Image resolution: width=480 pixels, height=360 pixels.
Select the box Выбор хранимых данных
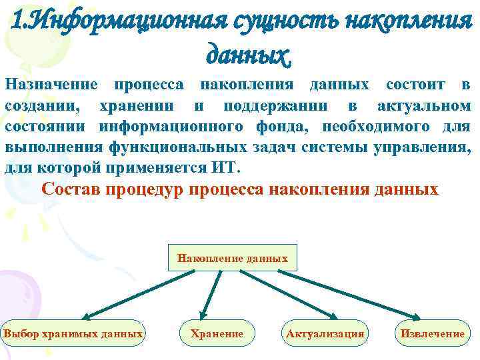(x=73, y=333)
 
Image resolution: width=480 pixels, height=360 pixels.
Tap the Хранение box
(x=217, y=333)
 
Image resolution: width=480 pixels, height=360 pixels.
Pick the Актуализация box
(x=325, y=333)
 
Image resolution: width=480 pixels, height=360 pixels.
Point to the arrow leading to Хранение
(x=213, y=294)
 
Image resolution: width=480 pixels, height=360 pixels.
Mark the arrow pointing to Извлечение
(x=353, y=294)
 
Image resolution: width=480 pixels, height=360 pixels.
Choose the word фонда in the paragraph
(x=287, y=127)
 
